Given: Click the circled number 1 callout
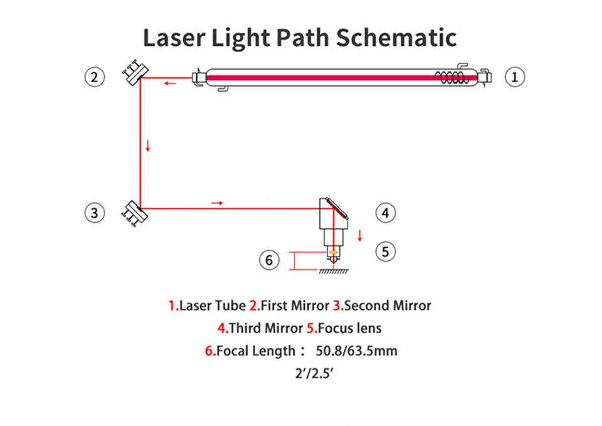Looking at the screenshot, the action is point(515,77).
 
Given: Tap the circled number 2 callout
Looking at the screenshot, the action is point(94,77).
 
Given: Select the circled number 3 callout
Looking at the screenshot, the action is point(94,213).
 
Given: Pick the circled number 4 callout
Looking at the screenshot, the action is point(386,213).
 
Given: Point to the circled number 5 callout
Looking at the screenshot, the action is point(386,252).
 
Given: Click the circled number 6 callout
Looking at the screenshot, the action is point(270,260).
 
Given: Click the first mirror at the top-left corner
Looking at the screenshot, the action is point(134,75).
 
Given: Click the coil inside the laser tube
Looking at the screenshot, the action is point(451,77).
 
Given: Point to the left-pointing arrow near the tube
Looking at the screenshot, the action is point(170,83).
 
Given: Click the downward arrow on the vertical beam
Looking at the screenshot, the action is point(148,146).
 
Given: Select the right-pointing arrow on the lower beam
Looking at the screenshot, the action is point(217,203).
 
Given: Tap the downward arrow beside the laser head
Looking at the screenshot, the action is point(360,236).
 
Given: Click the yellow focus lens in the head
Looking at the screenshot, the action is point(333,252).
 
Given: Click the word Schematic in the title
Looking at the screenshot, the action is point(396,38).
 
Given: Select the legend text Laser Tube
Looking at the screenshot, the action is point(213,306).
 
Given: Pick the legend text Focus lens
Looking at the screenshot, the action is point(350,328).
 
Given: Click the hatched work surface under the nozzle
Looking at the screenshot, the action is point(334,272).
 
